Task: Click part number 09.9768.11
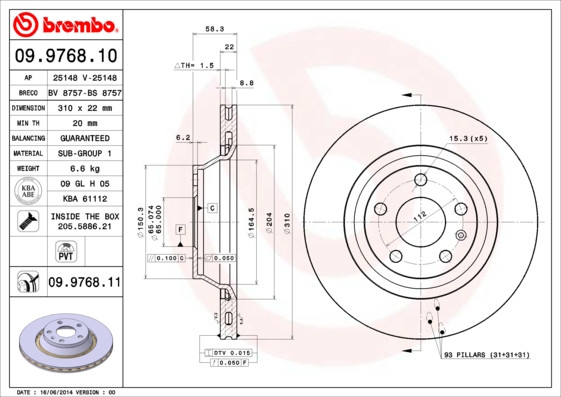click(83, 283)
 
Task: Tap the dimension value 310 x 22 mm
click(83, 106)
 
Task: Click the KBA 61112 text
click(83, 200)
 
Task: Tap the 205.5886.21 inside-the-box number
click(84, 227)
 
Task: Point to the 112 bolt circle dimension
click(421, 214)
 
